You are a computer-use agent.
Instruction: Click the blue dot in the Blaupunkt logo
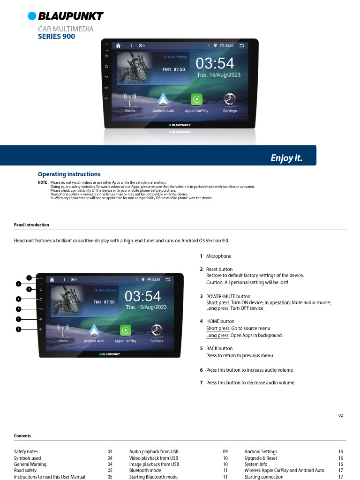point(32,16)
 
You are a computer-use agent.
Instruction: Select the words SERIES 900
point(56,37)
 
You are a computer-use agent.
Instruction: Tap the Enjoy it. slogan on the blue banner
point(286,158)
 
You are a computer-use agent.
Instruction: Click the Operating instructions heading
point(69,174)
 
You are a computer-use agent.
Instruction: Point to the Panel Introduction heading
point(31,225)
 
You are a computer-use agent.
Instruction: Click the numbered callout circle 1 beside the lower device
point(29,278)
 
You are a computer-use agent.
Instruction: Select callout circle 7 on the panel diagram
point(19,329)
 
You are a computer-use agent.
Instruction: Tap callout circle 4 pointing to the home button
point(19,299)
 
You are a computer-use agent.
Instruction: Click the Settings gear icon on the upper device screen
point(230,99)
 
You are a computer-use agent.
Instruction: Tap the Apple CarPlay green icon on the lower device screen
point(126,330)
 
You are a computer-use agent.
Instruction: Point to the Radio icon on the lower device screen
point(63,330)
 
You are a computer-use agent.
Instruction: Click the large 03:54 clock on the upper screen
point(215,63)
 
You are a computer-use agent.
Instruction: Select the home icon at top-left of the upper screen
point(118,45)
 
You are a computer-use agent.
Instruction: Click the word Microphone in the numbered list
point(218,256)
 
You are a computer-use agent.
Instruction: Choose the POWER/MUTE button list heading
point(228,296)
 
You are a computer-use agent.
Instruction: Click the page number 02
point(341,415)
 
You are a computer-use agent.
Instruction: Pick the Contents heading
point(22,435)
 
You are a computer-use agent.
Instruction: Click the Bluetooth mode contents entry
point(145,470)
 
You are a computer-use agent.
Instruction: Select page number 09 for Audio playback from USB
point(225,451)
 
